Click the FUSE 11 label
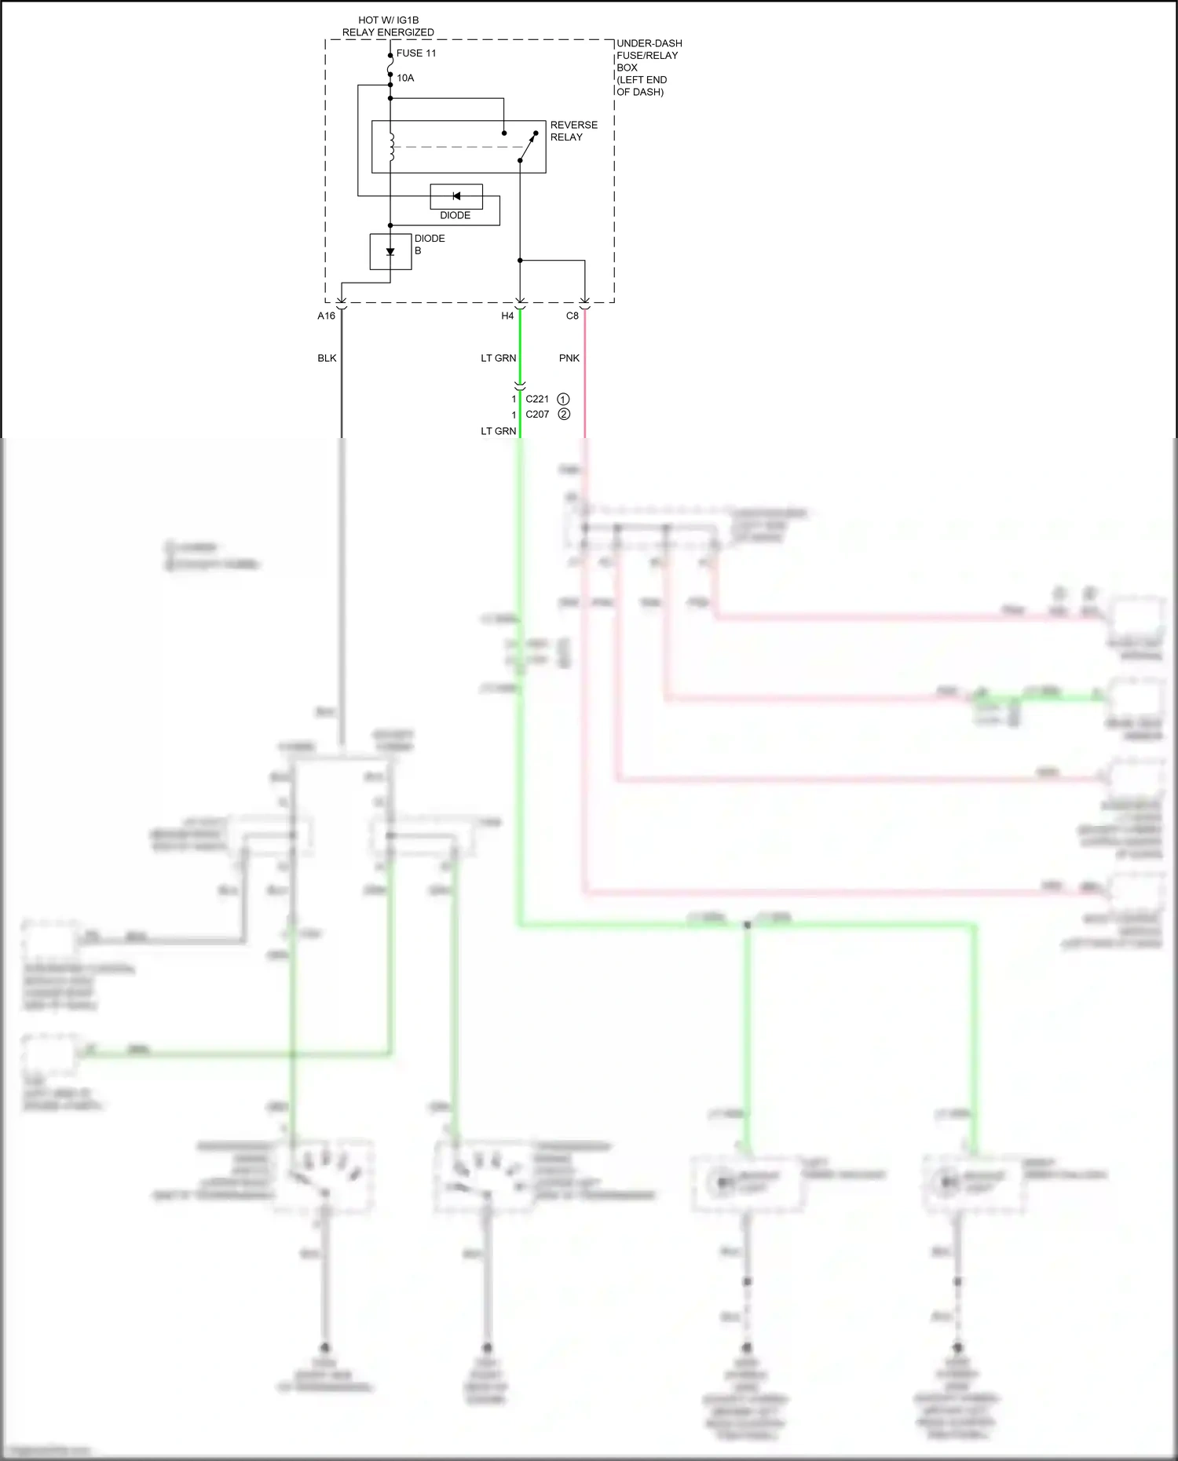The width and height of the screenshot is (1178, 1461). click(x=416, y=53)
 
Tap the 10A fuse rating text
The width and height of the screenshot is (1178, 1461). click(x=405, y=78)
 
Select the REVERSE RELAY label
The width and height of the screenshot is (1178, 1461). click(x=573, y=131)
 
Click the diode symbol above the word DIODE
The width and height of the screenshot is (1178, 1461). click(x=456, y=196)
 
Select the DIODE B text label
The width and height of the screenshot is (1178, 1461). click(x=430, y=244)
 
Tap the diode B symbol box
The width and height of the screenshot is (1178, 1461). click(x=390, y=251)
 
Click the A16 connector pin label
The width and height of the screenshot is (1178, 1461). click(x=326, y=316)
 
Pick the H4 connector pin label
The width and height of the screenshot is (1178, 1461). click(x=507, y=316)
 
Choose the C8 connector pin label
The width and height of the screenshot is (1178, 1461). click(x=573, y=316)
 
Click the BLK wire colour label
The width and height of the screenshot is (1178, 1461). click(x=327, y=358)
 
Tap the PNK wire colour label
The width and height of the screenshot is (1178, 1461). click(x=569, y=358)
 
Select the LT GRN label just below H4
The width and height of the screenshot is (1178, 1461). click(x=499, y=358)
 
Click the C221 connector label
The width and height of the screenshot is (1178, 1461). click(x=537, y=399)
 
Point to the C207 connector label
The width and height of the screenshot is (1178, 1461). click(x=537, y=415)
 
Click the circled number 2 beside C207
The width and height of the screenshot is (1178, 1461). click(x=564, y=415)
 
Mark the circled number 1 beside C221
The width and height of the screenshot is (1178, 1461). click(x=563, y=399)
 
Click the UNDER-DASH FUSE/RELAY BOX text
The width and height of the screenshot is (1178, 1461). click(x=649, y=67)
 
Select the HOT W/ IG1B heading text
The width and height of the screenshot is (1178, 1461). click(x=388, y=20)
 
